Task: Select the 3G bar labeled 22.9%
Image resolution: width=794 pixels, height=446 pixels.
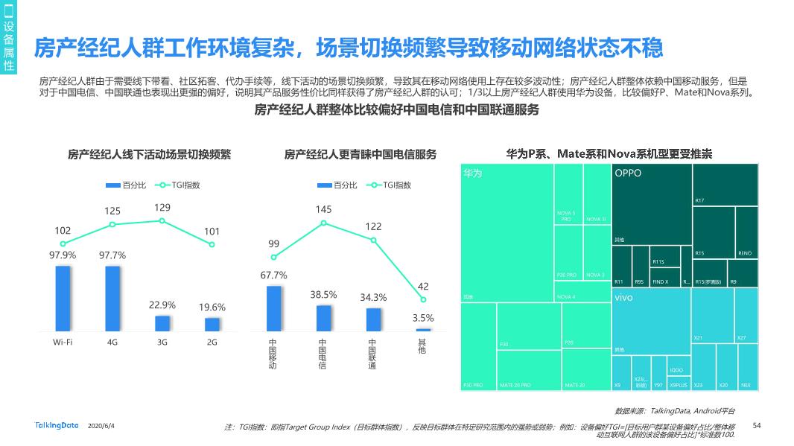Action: pyautogui.click(x=162, y=323)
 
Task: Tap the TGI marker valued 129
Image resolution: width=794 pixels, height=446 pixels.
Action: pyautogui.click(x=162, y=220)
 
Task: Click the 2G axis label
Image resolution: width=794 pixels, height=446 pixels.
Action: pyautogui.click(x=212, y=343)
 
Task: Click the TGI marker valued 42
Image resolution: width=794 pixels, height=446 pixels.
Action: pyautogui.click(x=423, y=299)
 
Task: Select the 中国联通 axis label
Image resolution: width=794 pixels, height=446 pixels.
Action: pyautogui.click(x=372, y=354)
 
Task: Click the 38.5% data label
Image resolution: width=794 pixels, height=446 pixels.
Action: pyautogui.click(x=323, y=295)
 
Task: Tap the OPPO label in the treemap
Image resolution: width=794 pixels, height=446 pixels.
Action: pyautogui.click(x=628, y=173)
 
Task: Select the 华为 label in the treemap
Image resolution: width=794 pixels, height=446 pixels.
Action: pyautogui.click(x=473, y=173)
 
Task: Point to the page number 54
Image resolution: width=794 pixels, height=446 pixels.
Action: pyautogui.click(x=757, y=425)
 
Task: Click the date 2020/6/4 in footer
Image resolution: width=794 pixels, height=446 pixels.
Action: pyautogui.click(x=101, y=426)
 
